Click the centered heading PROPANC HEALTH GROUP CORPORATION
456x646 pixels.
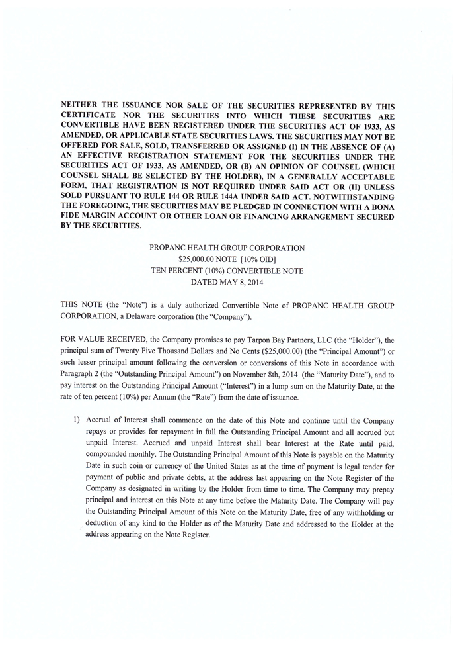227,248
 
